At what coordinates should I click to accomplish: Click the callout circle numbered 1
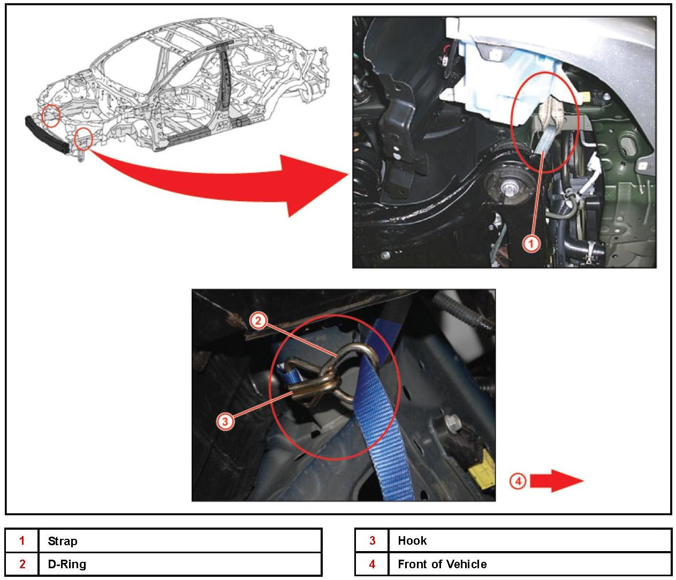[x=530, y=244]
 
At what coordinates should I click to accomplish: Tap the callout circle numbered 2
[x=258, y=320]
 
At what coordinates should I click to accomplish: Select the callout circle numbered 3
[x=225, y=422]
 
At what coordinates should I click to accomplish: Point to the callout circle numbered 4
[x=518, y=481]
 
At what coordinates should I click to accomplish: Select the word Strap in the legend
[x=63, y=541]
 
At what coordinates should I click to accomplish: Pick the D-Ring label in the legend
[x=67, y=564]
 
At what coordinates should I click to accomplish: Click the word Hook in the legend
[x=412, y=540]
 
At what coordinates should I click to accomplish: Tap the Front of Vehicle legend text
[x=442, y=564]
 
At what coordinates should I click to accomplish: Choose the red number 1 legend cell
[x=22, y=541]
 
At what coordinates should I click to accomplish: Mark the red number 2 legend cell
[x=22, y=564]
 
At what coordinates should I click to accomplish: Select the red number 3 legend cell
[x=372, y=540]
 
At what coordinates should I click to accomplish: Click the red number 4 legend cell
[x=372, y=564]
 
